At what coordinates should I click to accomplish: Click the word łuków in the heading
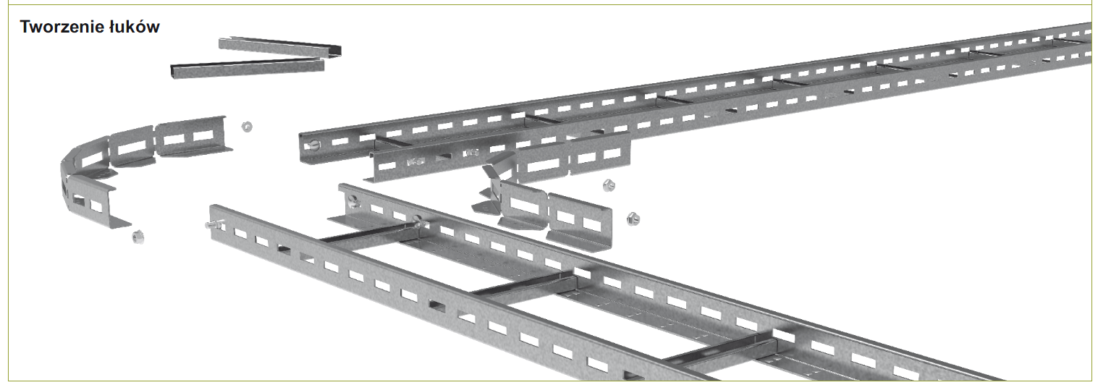135,27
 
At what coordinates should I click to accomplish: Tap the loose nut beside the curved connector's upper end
247,127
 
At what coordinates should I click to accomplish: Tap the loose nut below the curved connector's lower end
138,237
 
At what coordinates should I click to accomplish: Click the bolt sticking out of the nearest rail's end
213,225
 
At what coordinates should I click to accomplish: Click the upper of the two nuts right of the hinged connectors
608,185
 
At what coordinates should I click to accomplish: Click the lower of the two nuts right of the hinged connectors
633,219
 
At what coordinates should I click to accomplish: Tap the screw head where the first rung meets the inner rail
418,221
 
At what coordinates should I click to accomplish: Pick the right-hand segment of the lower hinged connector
579,221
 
